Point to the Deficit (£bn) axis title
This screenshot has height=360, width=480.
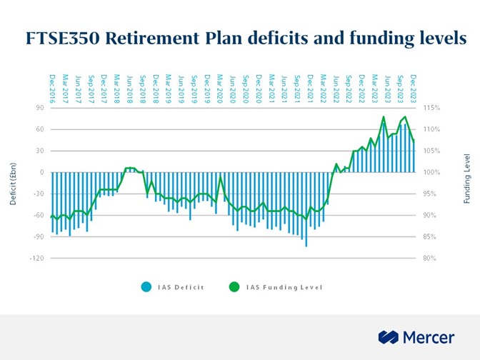click(x=13, y=184)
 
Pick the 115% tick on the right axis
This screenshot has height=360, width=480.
click(x=432, y=108)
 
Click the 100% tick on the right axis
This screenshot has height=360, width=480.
click(x=432, y=172)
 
